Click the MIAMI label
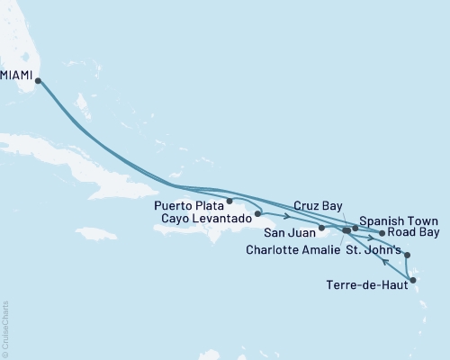point(17,78)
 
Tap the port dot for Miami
point(38,80)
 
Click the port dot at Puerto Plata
point(230,201)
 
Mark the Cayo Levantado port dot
point(258,214)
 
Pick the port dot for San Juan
point(321,229)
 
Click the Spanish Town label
point(399,220)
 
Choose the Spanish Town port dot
point(355,229)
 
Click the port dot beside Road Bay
point(382,233)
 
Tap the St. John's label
point(377,250)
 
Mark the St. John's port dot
point(407,256)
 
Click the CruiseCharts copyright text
point(5,328)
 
